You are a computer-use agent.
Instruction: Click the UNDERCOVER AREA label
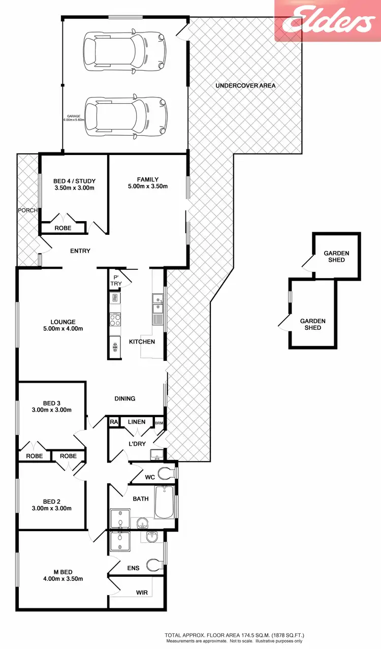click(x=245, y=85)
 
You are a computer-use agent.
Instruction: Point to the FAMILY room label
click(x=147, y=179)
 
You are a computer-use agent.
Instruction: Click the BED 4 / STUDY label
click(x=74, y=181)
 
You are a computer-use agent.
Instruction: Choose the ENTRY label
click(x=80, y=251)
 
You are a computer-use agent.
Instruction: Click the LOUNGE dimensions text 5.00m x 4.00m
click(x=63, y=329)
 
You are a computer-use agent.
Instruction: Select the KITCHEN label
click(x=142, y=342)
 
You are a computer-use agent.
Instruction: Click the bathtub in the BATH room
click(x=164, y=502)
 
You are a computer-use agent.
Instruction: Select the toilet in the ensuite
click(x=154, y=565)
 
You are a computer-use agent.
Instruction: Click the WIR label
click(x=142, y=593)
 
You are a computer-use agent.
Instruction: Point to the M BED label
click(x=63, y=571)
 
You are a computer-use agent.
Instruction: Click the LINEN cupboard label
click(x=136, y=422)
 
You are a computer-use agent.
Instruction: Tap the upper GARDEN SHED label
click(x=336, y=256)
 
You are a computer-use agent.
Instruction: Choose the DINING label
click(x=124, y=398)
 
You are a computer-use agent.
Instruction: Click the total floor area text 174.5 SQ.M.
click(x=234, y=635)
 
